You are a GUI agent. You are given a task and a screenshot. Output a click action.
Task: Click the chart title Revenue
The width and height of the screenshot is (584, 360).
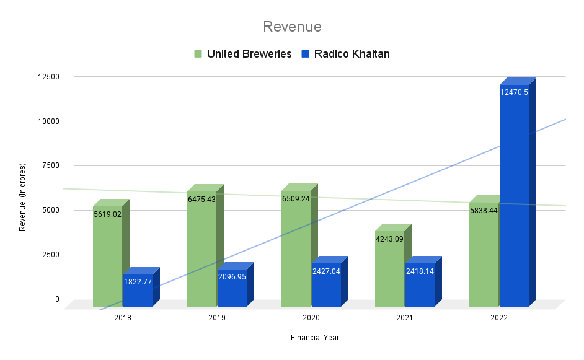tap(292, 27)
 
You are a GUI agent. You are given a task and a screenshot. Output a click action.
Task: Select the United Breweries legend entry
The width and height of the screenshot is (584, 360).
tap(249, 54)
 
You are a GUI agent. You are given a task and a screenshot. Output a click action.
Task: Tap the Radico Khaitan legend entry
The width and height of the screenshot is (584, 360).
tap(352, 54)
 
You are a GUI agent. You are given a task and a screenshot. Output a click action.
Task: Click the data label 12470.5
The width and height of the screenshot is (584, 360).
tap(514, 92)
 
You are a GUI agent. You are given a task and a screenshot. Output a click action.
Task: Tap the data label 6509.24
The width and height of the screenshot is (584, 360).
tap(296, 200)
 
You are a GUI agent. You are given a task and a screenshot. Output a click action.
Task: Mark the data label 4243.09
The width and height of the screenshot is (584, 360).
tap(389, 239)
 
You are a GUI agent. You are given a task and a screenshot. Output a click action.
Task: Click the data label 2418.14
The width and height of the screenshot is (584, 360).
tap(420, 271)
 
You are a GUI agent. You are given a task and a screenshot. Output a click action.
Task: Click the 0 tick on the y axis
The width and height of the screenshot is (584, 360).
tap(57, 299)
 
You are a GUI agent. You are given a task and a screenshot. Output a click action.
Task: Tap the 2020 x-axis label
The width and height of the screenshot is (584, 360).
tap(311, 318)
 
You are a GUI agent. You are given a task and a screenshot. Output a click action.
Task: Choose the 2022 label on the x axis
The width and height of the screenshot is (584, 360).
tap(499, 318)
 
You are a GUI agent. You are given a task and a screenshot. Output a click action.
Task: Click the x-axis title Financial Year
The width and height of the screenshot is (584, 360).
tap(314, 338)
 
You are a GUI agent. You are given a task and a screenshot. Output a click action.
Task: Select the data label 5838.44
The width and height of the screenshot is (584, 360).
tap(484, 211)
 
